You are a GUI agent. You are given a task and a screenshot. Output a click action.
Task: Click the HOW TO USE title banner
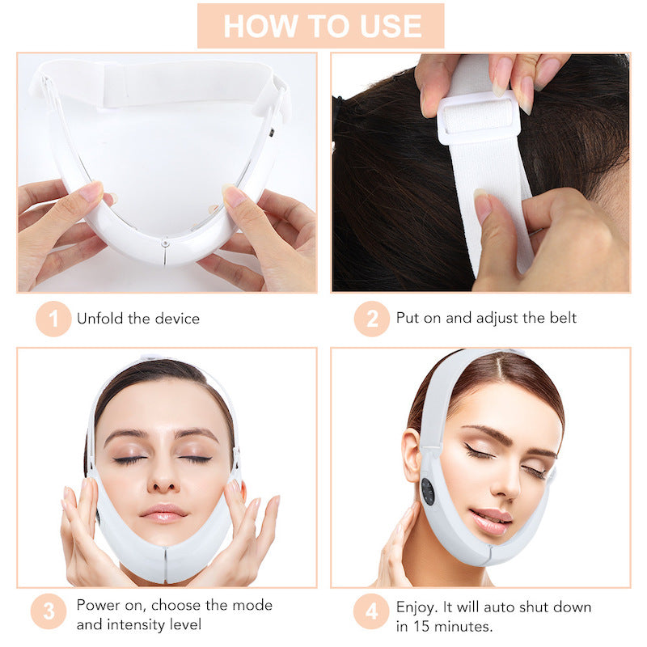[x=321, y=25]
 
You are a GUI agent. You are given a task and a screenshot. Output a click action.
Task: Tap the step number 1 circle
[x=53, y=319]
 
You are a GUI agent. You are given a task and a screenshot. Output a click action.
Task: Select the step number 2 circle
[x=371, y=319]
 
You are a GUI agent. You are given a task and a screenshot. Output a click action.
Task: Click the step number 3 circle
[x=49, y=611]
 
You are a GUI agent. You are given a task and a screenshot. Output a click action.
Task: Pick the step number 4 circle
[x=371, y=611]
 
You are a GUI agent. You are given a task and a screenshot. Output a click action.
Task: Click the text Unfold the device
[x=137, y=319]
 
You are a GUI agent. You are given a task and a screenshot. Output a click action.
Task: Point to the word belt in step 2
[x=562, y=318]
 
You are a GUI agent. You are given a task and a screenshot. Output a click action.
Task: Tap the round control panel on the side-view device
[x=428, y=491]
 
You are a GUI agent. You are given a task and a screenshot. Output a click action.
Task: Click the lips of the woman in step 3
[x=164, y=513]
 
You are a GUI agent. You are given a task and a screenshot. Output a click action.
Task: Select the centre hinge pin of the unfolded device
[x=165, y=242]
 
